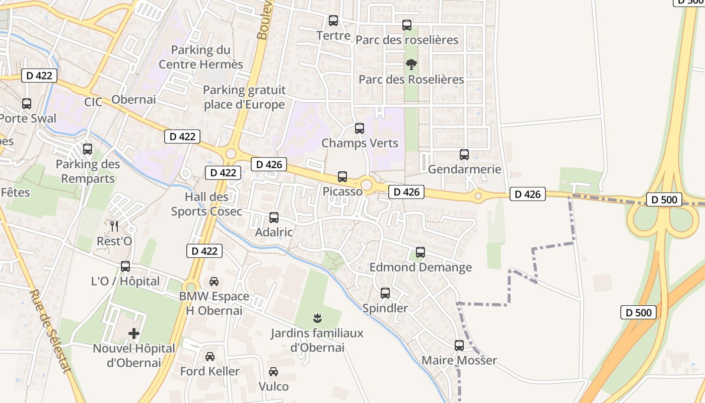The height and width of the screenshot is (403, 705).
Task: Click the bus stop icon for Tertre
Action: coord(333,21)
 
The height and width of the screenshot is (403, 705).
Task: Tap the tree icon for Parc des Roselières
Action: coord(411,64)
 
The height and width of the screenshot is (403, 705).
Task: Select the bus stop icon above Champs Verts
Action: coord(360,128)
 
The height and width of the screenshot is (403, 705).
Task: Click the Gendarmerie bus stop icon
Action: coord(464,155)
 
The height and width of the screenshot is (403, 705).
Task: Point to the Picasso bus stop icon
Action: coord(342,177)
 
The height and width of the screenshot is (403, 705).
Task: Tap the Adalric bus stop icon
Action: coord(274,218)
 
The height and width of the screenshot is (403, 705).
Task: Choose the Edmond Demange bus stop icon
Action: coord(420,252)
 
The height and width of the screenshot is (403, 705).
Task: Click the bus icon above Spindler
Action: coord(385,293)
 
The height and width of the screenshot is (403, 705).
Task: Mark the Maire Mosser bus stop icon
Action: coord(459,346)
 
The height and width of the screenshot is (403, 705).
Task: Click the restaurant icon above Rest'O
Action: coord(114,226)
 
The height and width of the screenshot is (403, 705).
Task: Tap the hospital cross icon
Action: coord(134,333)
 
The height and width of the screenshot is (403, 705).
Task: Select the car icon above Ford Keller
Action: coord(210,356)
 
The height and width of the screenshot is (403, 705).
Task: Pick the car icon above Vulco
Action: coord(273,372)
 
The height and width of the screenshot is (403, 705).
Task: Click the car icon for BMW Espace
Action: coord(214,281)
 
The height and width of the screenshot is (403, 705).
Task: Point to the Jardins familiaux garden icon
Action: coord(317,318)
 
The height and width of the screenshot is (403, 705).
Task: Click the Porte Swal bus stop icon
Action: coord(27,104)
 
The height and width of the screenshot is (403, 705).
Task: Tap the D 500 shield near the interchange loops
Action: coord(664,200)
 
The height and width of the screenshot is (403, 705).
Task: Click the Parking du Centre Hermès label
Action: coord(201,57)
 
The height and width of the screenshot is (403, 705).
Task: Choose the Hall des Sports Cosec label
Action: coord(206,204)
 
